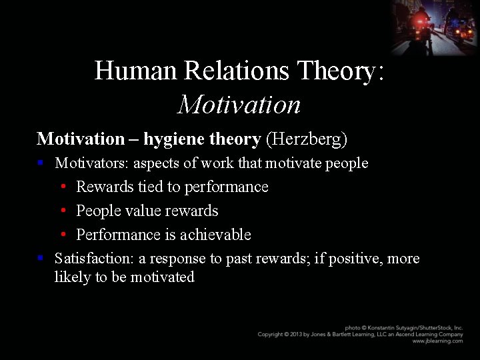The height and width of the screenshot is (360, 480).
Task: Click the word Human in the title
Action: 127,71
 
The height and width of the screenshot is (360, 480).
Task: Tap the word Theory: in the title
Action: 341,71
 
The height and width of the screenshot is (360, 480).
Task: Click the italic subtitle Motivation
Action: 239,105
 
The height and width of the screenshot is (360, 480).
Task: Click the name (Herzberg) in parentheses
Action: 306,139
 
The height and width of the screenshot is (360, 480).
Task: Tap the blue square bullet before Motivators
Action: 41,162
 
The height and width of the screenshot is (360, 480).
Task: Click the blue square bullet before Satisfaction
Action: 41,257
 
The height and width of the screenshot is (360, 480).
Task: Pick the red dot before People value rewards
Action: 62,211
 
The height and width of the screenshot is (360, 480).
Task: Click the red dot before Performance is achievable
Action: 62,235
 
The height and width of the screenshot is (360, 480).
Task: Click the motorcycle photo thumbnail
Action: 435,27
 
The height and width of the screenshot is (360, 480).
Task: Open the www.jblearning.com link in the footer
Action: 437,341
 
